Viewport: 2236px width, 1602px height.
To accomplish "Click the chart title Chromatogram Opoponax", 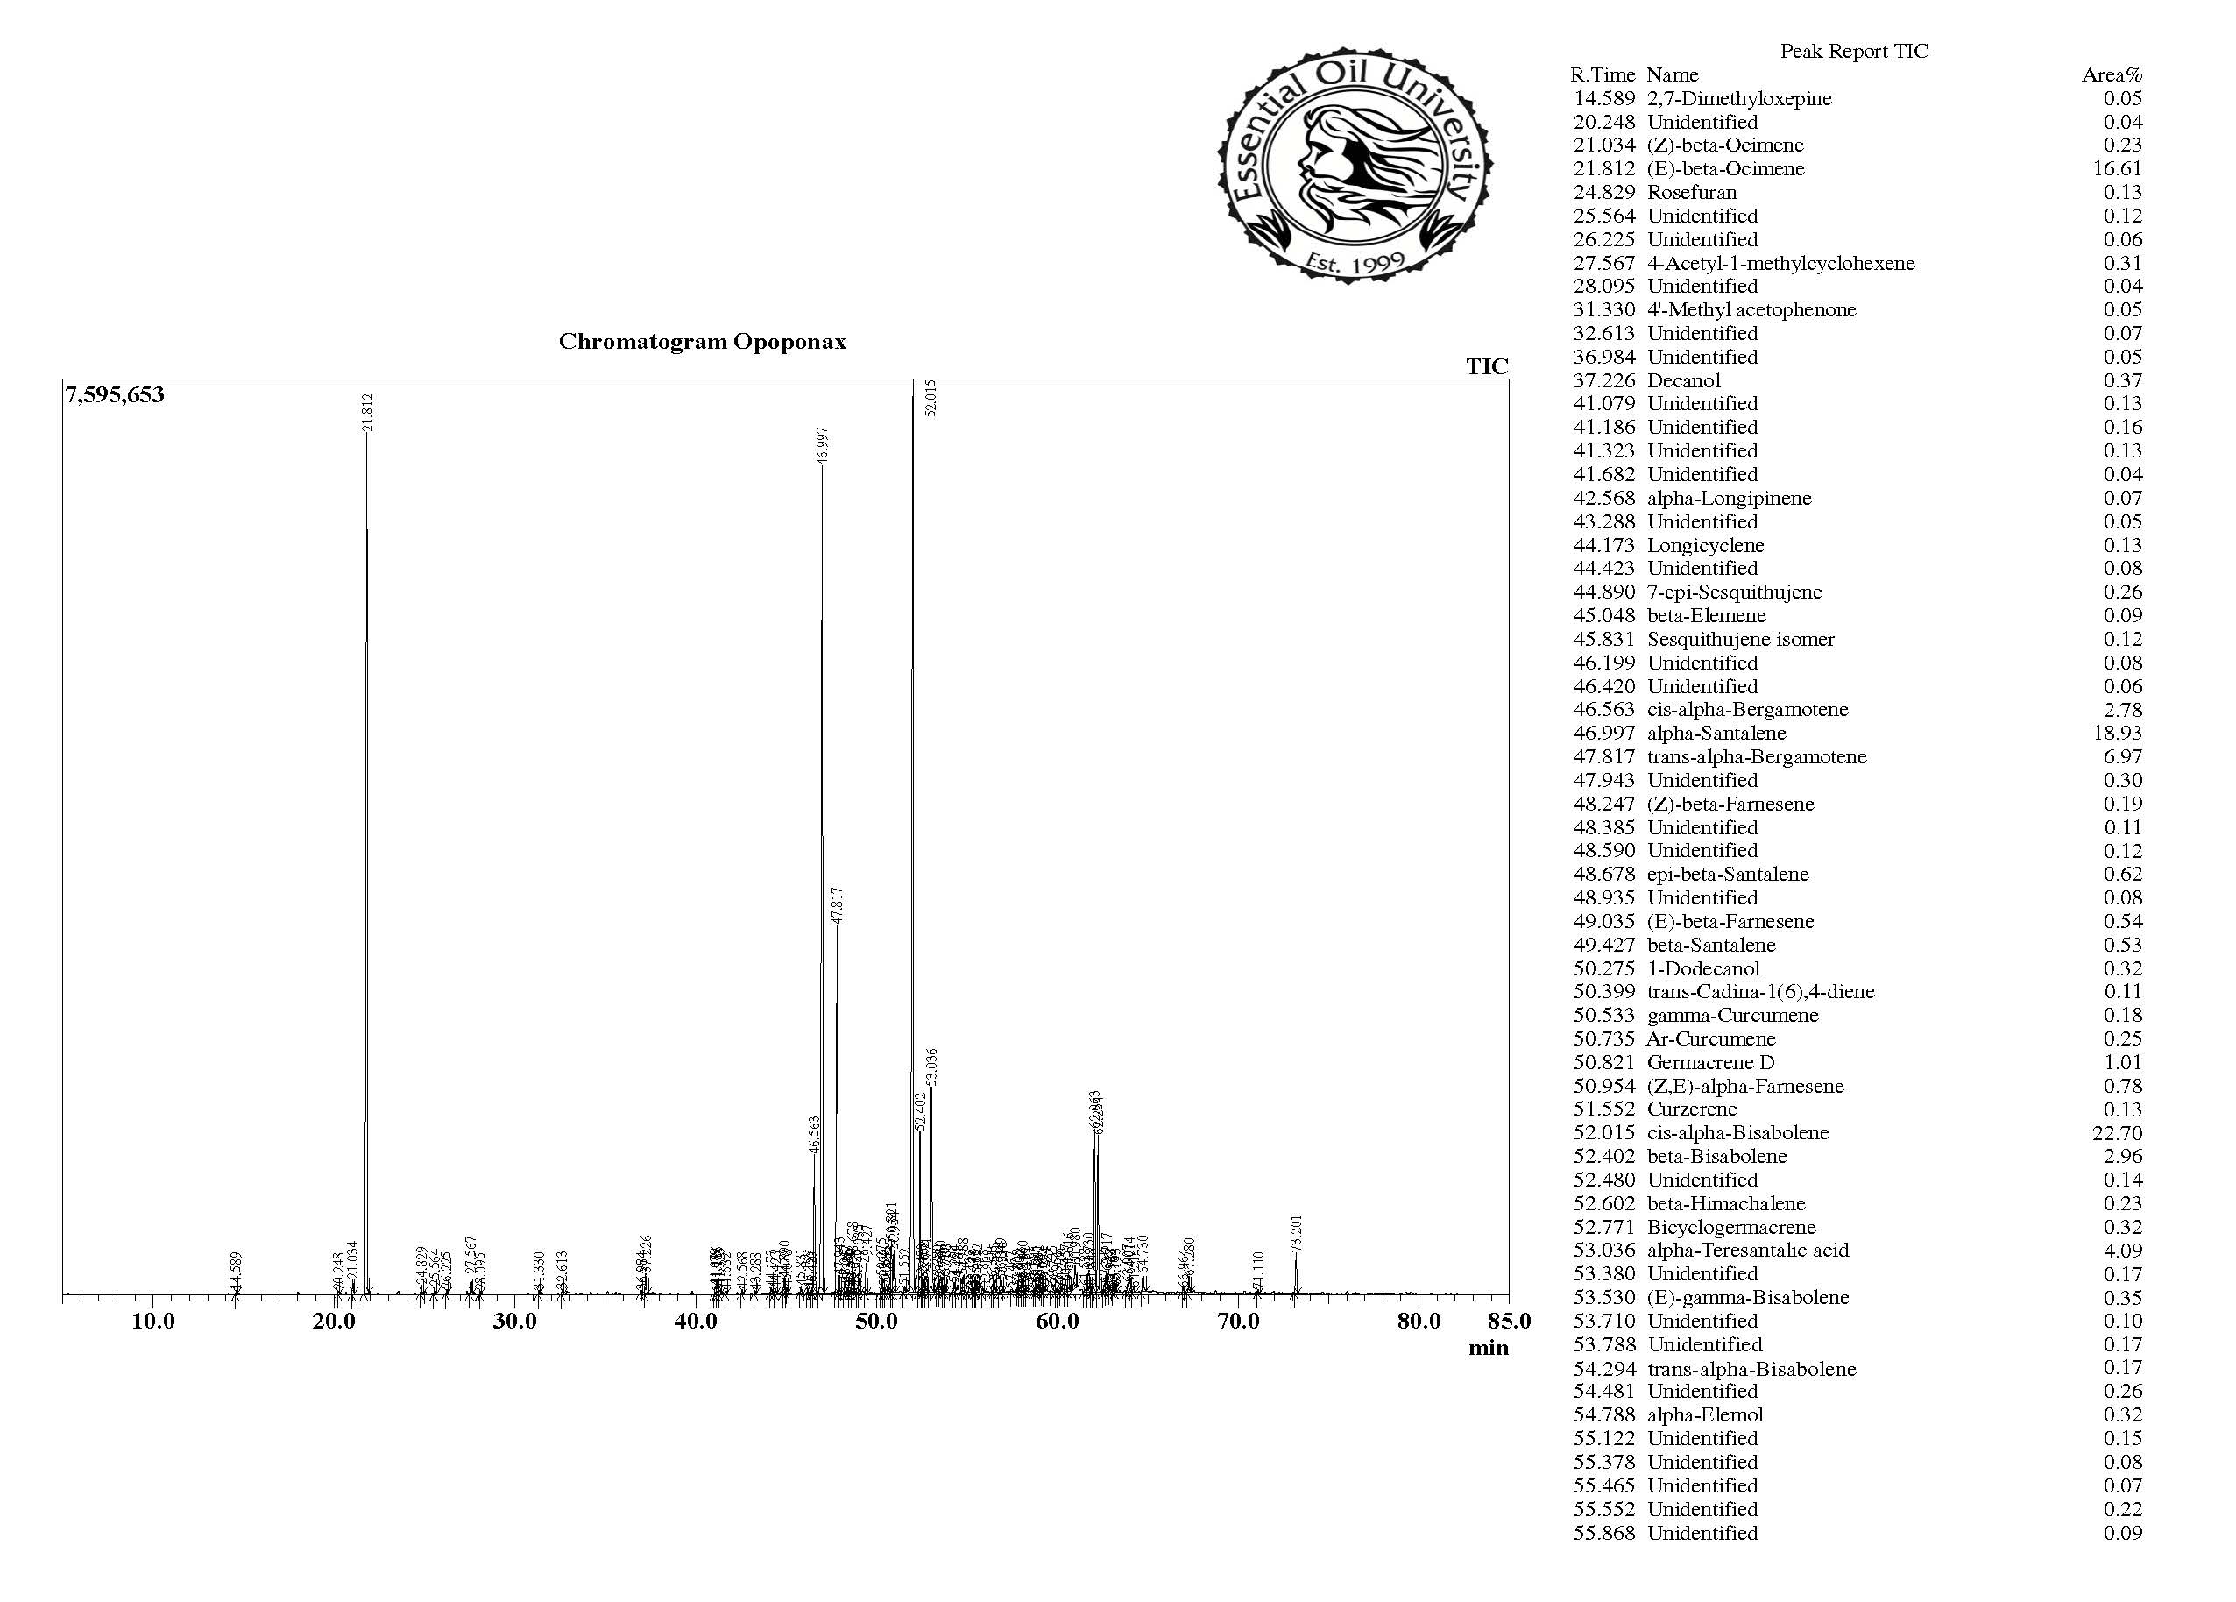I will pos(702,342).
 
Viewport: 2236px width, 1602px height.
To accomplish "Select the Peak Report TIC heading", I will pos(1853,51).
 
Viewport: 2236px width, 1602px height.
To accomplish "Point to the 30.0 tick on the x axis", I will pos(514,1321).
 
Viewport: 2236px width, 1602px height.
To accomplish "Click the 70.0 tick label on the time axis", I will pos(1238,1321).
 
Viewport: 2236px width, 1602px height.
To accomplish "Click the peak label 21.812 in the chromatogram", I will pos(368,412).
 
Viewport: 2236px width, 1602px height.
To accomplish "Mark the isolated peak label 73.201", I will pos(1297,1233).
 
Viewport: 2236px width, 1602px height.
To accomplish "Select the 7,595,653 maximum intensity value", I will pos(116,395).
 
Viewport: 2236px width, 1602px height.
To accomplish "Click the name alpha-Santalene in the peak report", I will pos(1716,733).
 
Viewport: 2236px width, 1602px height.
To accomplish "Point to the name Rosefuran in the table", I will pos(1692,192).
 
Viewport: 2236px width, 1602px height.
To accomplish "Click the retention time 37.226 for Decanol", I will pos(1604,380).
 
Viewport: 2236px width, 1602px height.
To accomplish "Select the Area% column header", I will pos(2112,74).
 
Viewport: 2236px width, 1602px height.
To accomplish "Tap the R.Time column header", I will pos(1602,74).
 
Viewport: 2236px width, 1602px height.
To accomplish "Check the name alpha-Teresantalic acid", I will pos(1748,1250).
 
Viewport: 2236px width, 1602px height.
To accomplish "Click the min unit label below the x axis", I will pos(1488,1348).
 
